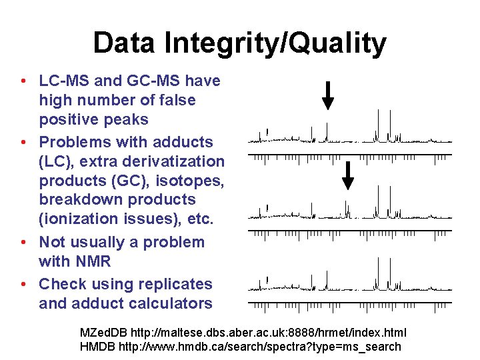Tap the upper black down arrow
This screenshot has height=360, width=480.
point(328,94)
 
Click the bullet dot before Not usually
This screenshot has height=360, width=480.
point(23,242)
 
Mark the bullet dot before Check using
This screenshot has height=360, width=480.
point(23,284)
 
